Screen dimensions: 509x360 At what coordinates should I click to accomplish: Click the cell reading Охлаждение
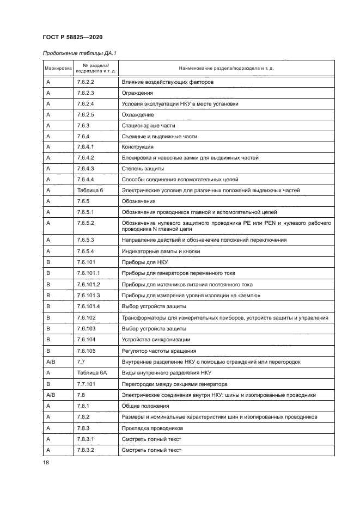(x=138, y=115)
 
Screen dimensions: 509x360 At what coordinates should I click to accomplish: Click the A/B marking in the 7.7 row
(x=51, y=361)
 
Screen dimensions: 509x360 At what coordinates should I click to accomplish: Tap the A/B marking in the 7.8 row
(x=51, y=395)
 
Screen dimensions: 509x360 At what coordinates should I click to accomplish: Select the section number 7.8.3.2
(x=86, y=450)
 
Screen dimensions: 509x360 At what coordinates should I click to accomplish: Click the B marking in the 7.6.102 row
(x=48, y=317)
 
